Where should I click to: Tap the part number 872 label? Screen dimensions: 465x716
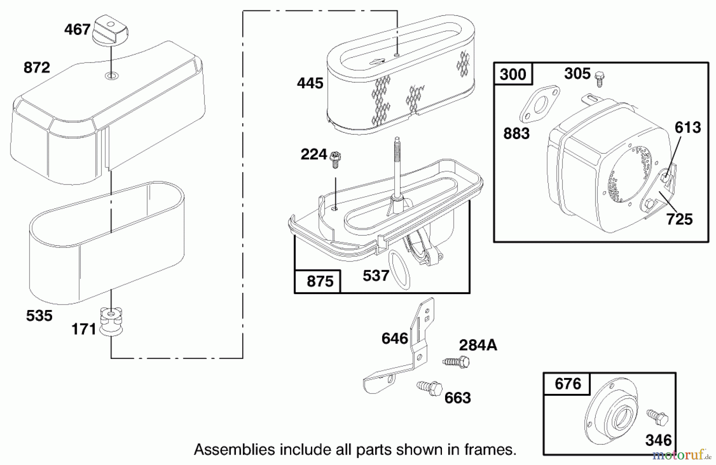37,68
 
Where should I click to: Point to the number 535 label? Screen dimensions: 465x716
39,316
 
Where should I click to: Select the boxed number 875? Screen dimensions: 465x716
319,281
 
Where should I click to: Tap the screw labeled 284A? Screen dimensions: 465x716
457,362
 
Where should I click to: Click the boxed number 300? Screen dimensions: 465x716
513,74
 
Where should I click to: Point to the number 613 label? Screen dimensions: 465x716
687,128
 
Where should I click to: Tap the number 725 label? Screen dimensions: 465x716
679,219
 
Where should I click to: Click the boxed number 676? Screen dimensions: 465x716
568,384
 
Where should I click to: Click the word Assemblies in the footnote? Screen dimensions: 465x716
234,450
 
